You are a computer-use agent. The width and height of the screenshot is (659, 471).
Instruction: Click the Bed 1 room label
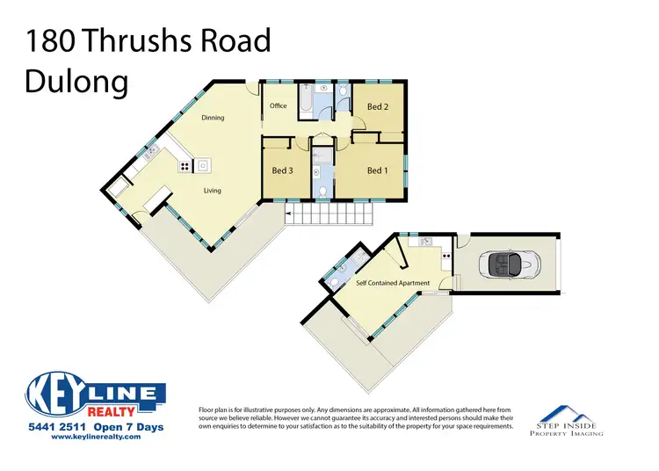(376, 170)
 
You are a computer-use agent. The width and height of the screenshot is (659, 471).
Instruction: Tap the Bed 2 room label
(377, 107)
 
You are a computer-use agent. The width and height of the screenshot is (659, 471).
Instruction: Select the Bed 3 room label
(282, 170)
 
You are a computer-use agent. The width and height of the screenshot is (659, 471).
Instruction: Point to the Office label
(279, 106)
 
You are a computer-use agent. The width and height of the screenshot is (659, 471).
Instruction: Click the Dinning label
(213, 118)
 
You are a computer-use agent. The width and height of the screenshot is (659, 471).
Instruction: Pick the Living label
(212, 190)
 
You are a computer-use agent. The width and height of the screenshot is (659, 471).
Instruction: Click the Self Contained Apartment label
(392, 283)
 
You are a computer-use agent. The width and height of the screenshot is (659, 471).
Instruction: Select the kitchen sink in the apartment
(424, 241)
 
